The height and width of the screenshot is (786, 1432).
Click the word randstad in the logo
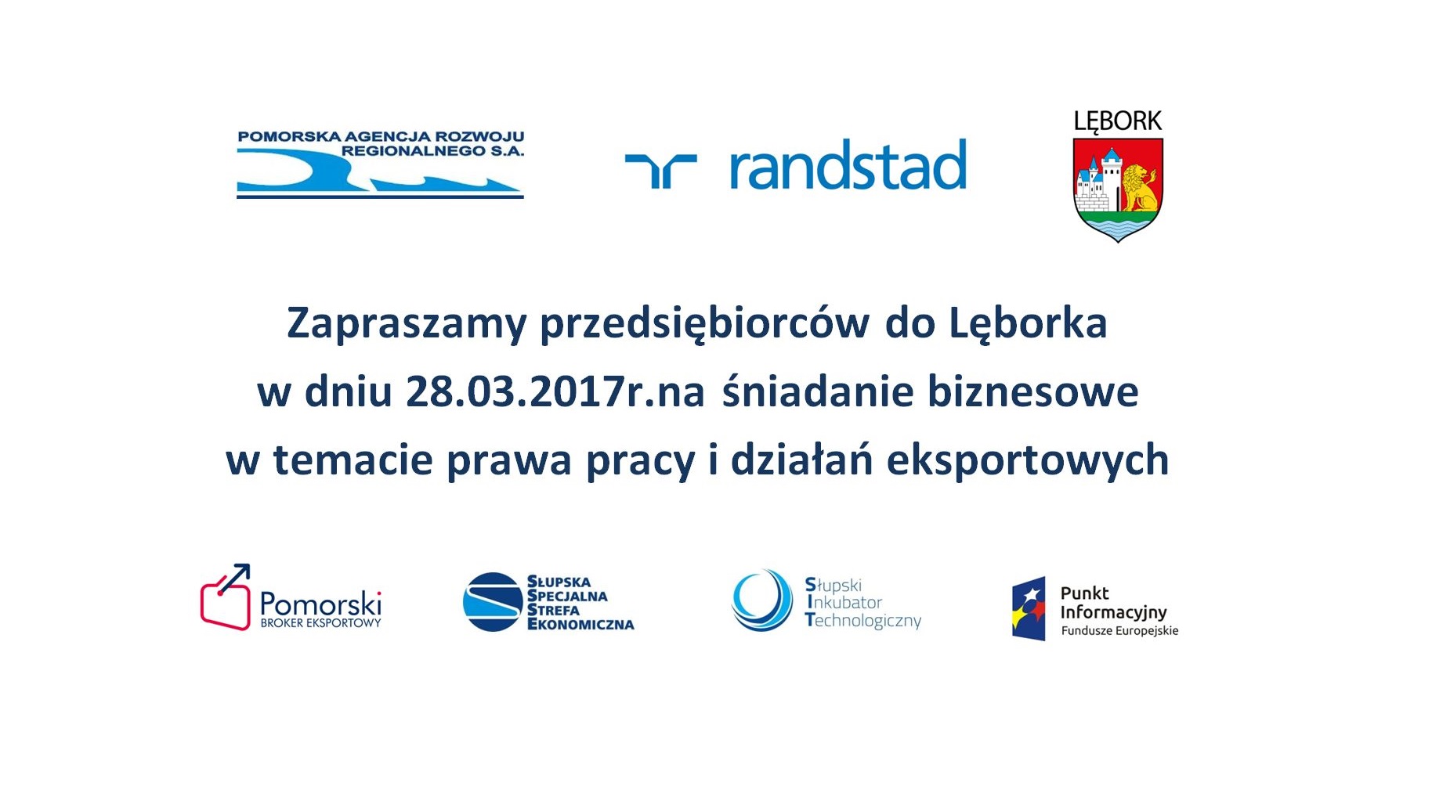[848, 164]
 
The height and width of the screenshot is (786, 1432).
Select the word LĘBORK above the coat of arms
[1118, 121]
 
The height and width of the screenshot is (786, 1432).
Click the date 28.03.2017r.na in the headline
[555, 391]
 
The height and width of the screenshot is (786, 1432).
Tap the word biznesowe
[1033, 391]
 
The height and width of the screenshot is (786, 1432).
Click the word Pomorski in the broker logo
[320, 604]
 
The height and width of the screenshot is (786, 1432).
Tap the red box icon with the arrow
[226, 597]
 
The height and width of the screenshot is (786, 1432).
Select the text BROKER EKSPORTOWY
[320, 623]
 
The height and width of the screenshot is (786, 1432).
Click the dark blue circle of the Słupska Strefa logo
[492, 602]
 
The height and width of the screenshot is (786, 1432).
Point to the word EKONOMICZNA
[580, 625]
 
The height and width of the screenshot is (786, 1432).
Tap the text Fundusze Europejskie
[1119, 631]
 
